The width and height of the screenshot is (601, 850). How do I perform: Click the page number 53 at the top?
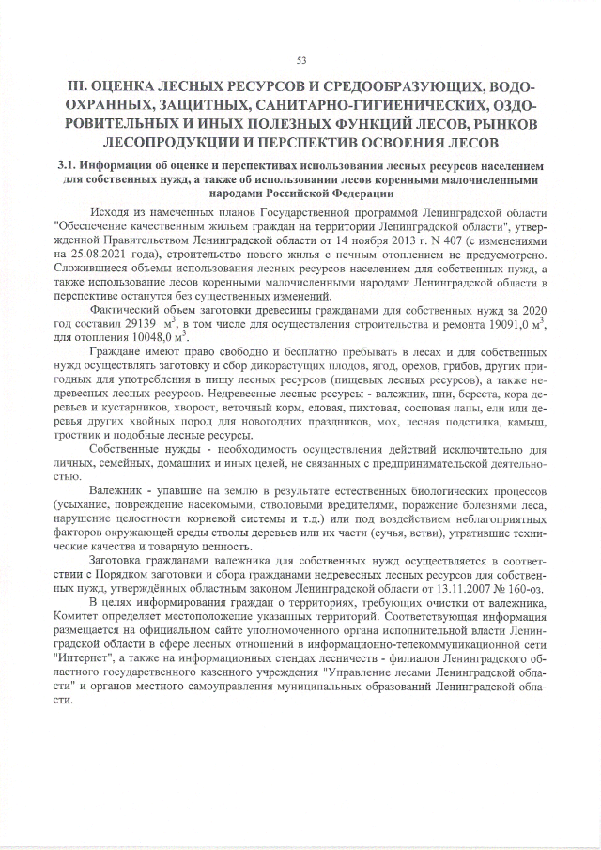point(301,61)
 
